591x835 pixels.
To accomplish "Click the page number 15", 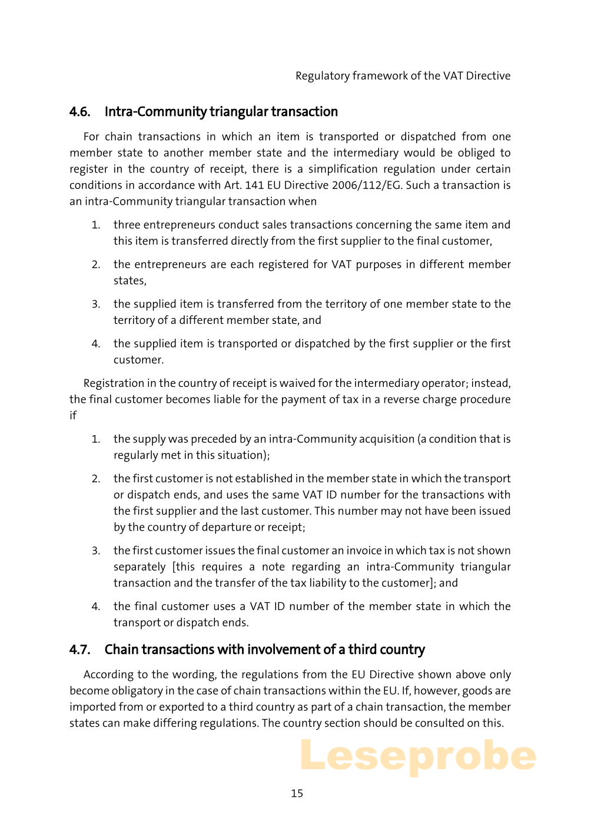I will (x=297, y=793).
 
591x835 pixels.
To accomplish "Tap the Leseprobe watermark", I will (x=418, y=756).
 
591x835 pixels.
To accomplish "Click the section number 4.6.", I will (x=80, y=112).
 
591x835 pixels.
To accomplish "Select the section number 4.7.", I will (x=80, y=650).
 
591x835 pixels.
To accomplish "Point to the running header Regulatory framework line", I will (x=403, y=75).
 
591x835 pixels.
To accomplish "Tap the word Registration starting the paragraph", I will (x=114, y=383).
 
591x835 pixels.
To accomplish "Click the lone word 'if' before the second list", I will (x=73, y=416).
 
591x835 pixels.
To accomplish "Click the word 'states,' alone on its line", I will (x=130, y=281).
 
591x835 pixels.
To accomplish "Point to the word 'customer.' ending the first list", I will (x=138, y=360).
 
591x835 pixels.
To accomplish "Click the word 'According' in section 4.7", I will (x=108, y=675).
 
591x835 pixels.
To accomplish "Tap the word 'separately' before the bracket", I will (x=140, y=567).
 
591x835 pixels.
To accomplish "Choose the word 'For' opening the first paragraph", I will (x=91, y=137).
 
